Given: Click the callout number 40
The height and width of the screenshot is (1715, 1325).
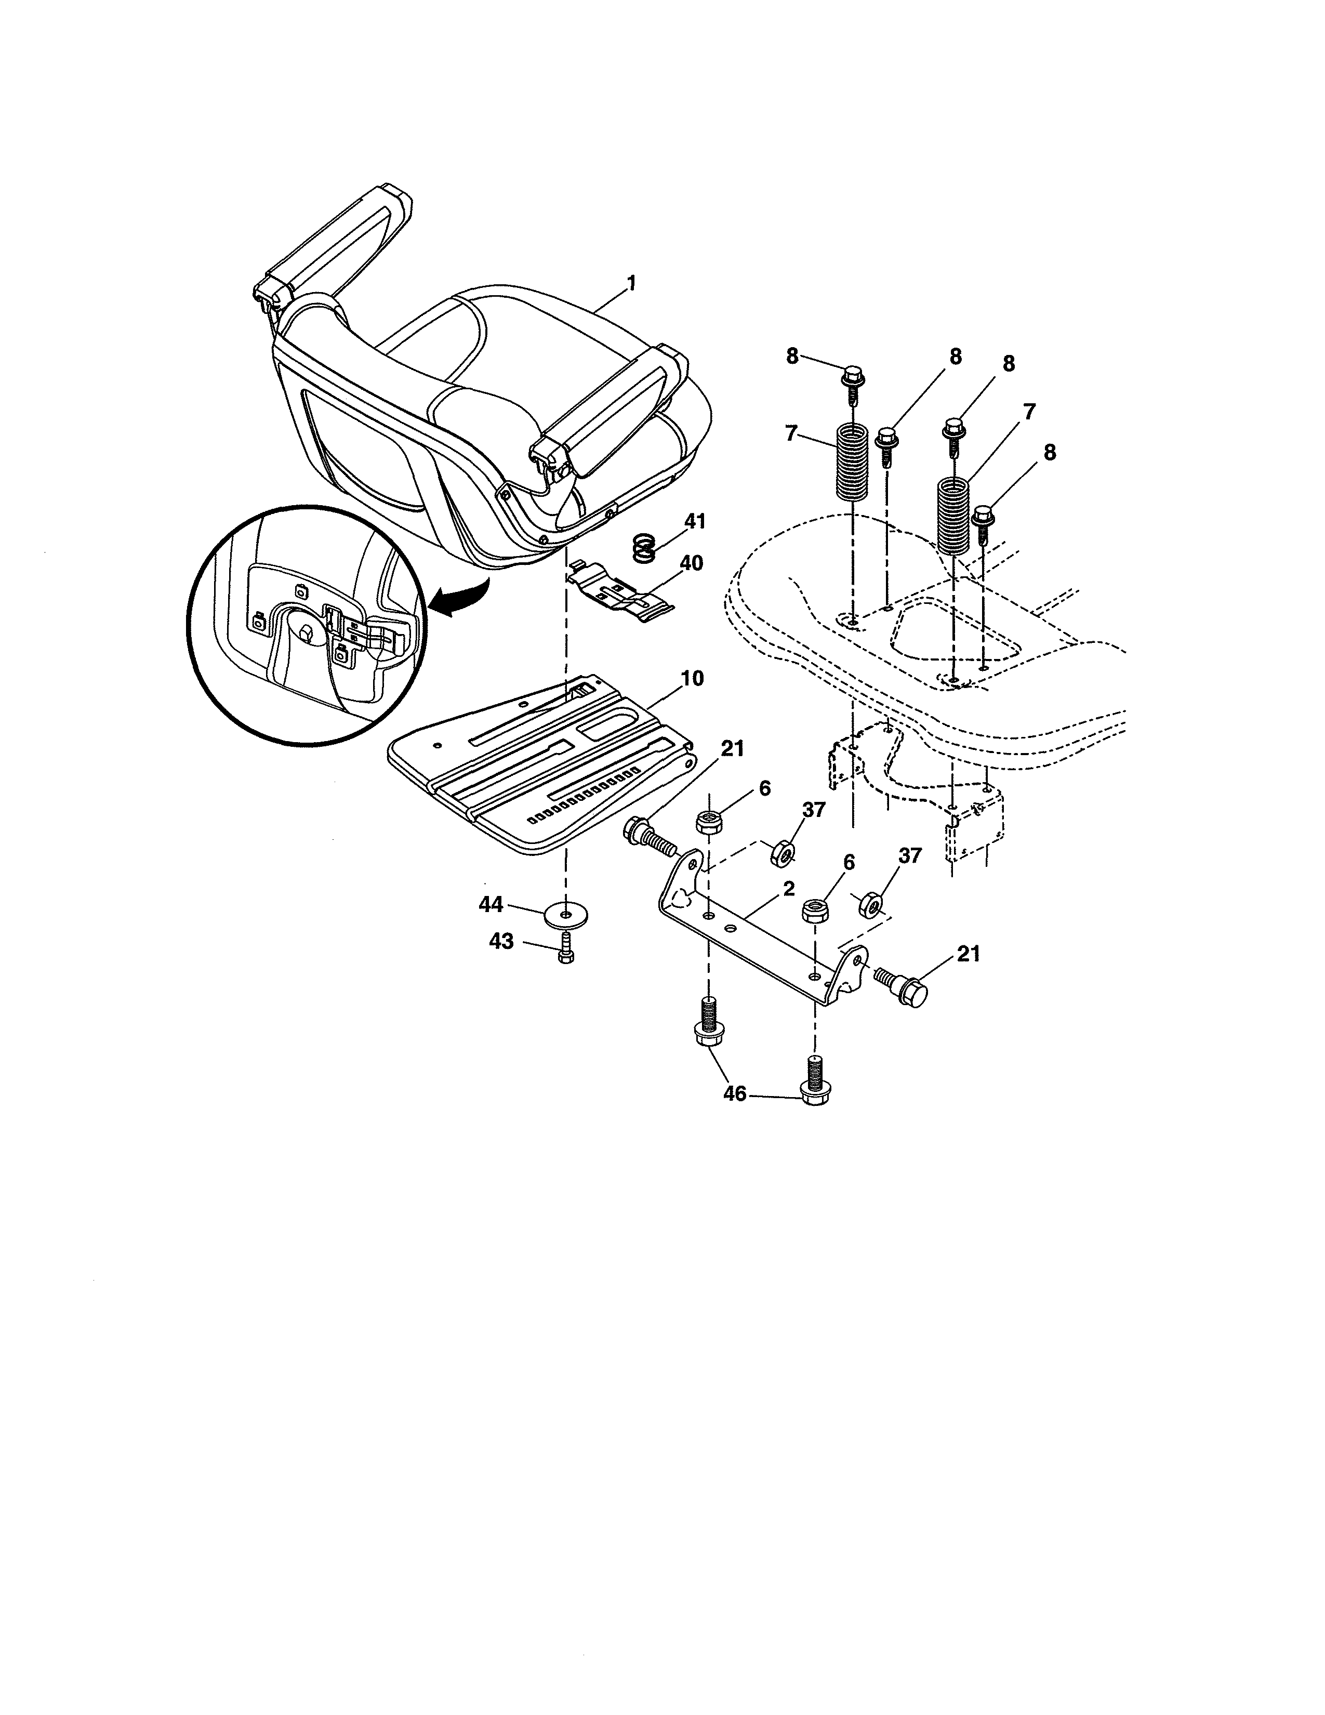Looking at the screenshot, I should [692, 563].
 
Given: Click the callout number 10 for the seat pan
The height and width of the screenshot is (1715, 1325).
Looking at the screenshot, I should [692, 678].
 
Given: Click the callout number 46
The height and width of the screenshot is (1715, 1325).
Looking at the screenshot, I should [735, 1094].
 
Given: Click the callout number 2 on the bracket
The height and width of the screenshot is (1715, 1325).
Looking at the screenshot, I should [788, 888].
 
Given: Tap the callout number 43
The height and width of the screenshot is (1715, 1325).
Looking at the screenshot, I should [501, 941].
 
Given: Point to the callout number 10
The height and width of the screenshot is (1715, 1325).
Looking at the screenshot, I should [692, 678].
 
